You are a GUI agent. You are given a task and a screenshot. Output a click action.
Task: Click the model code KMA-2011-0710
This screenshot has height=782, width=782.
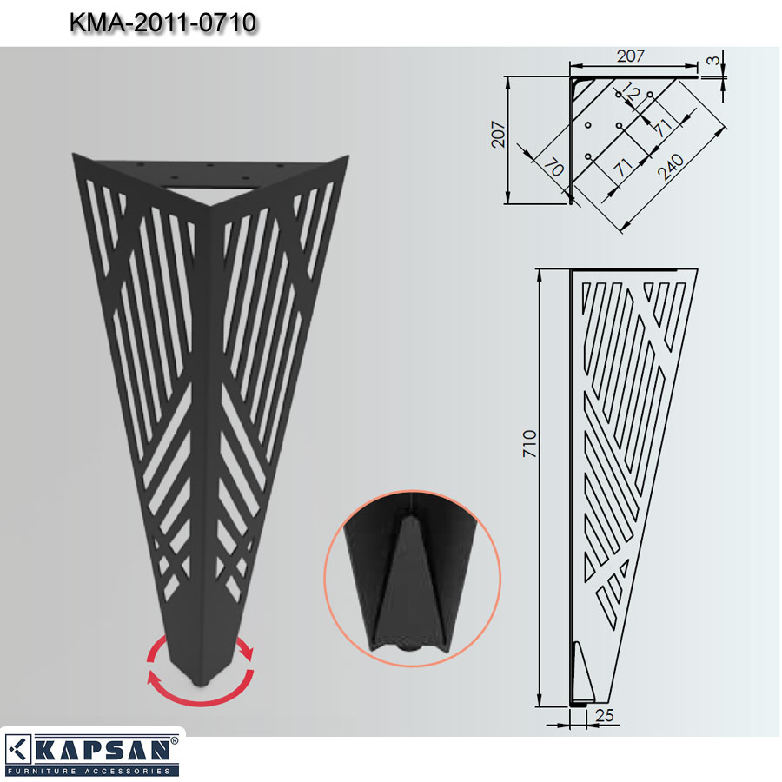(x=162, y=23)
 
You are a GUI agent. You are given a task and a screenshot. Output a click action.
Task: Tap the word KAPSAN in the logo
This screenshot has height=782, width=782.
(x=103, y=750)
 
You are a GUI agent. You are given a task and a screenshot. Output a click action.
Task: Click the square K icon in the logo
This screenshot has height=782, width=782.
(x=18, y=749)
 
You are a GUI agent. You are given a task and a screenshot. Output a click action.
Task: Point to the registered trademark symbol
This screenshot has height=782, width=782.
(x=174, y=741)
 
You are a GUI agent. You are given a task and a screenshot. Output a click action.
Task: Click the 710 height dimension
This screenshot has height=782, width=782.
(x=529, y=443)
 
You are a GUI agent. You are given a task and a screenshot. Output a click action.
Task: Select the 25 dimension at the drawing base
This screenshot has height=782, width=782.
(x=604, y=715)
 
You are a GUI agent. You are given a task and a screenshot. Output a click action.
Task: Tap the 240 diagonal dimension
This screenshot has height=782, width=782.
(x=671, y=167)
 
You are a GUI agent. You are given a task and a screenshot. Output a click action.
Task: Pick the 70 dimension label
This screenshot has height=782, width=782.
(x=553, y=167)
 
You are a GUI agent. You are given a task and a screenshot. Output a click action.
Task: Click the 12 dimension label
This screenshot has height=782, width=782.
(x=631, y=92)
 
